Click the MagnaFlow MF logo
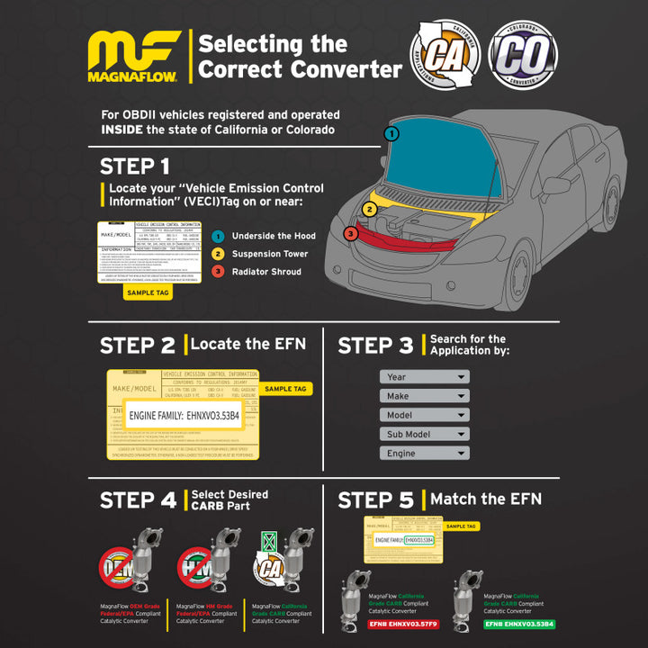coord(133,56)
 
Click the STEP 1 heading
coord(134,166)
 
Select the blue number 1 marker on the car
coord(391,133)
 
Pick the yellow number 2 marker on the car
coord(369,210)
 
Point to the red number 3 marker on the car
coord(350,234)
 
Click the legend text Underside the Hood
coord(274,236)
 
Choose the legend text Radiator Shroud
coord(266,272)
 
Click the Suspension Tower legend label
coord(269,254)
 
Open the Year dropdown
coord(424,377)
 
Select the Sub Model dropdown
coord(424,434)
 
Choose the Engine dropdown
coord(424,454)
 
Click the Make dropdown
coord(424,396)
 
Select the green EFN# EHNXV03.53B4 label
coord(519,624)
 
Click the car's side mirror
coord(555,185)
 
